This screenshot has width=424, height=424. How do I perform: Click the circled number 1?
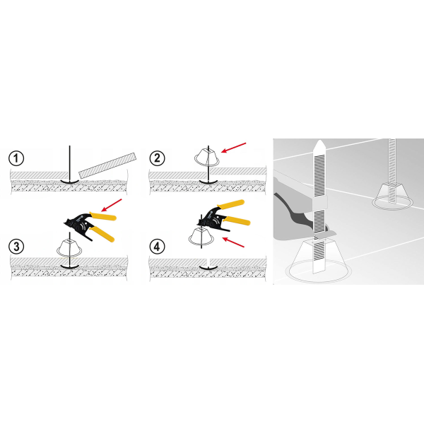[x=16, y=158]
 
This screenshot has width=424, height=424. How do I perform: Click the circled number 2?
[x=157, y=158]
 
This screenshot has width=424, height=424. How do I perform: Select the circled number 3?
[x=16, y=247]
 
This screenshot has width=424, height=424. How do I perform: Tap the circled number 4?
[x=157, y=247]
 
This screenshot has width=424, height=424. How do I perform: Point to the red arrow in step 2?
[x=234, y=148]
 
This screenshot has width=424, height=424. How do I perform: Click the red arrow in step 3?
[x=112, y=205]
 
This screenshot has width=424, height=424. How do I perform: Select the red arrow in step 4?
[x=233, y=242]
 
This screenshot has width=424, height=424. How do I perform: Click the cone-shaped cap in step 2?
[x=207, y=157]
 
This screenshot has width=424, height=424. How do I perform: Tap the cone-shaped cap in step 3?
[x=69, y=248]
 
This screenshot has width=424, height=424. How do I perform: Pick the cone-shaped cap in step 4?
[x=201, y=236]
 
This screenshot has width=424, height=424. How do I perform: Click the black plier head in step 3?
[x=78, y=223]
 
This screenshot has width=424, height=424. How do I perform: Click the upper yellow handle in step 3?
[x=103, y=216]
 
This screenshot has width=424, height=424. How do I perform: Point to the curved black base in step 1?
[x=70, y=182]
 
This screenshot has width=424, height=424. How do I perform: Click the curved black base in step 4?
[x=208, y=268]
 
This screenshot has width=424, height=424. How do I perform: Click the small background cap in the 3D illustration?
[x=392, y=196]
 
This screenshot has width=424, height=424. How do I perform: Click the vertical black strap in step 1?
[x=70, y=163]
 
